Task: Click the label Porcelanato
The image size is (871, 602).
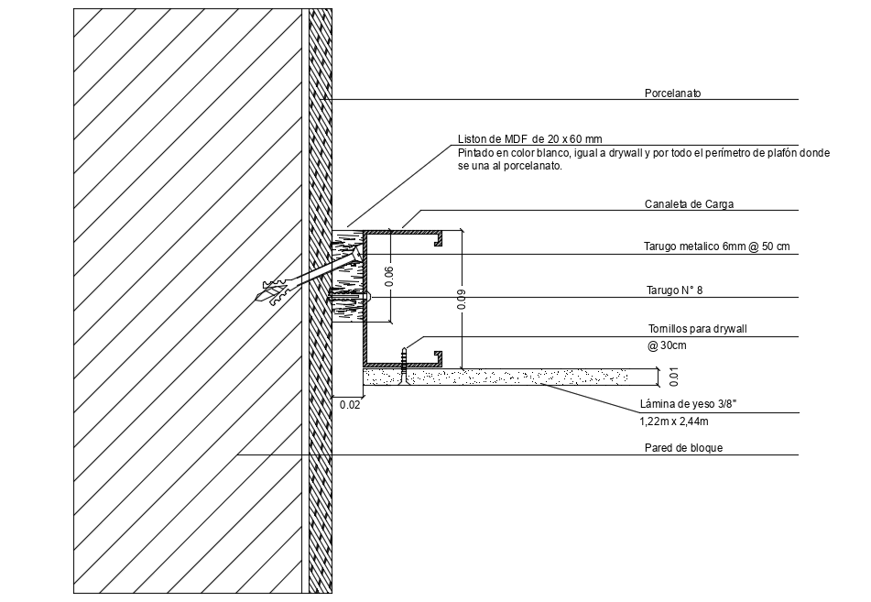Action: point(672,93)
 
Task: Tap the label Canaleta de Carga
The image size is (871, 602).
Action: point(690,204)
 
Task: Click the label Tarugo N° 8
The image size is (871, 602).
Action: point(674,290)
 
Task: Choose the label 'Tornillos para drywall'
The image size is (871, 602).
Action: point(691,328)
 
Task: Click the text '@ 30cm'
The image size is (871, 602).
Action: point(668,345)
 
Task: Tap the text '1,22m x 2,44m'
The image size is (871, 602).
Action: point(673,422)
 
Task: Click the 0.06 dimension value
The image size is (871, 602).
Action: point(388,277)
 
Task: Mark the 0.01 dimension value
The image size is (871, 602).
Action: point(674,375)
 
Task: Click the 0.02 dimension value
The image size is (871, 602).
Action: point(349,404)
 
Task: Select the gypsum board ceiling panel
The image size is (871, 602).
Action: point(513,375)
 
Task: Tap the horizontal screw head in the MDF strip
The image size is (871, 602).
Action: point(367,297)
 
